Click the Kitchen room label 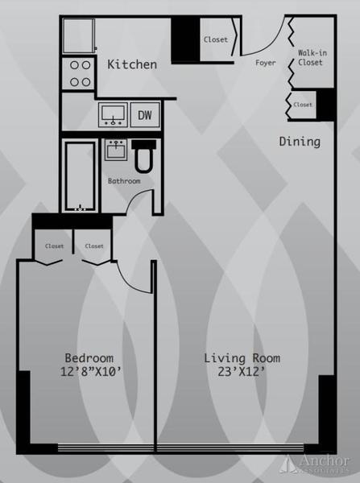132,64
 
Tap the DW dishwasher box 145,115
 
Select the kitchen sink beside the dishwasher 114,115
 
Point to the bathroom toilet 144,157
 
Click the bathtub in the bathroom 81,176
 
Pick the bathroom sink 116,151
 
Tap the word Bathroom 124,181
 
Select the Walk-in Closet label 309,56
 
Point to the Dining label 300,142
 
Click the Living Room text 242,358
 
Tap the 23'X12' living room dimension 242,373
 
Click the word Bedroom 89,358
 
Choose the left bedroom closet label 54,246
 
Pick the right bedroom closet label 94,246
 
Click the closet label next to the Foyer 215,39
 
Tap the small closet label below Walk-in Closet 303,105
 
